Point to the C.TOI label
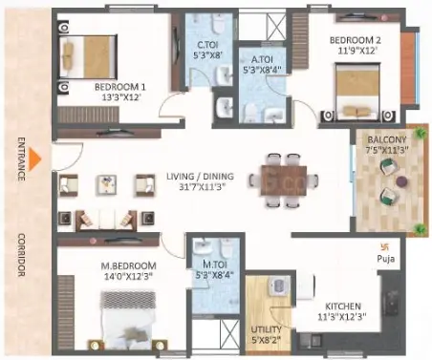click(x=207, y=45)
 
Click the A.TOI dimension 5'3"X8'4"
click(x=262, y=70)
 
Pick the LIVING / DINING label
click(x=200, y=176)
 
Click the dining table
click(x=284, y=180)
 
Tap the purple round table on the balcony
click(x=401, y=181)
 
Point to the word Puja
click(x=386, y=259)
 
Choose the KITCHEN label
click(x=343, y=307)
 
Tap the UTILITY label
click(x=266, y=329)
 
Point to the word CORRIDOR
click(x=21, y=255)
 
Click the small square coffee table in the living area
click(x=107, y=184)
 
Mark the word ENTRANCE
click(x=21, y=159)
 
